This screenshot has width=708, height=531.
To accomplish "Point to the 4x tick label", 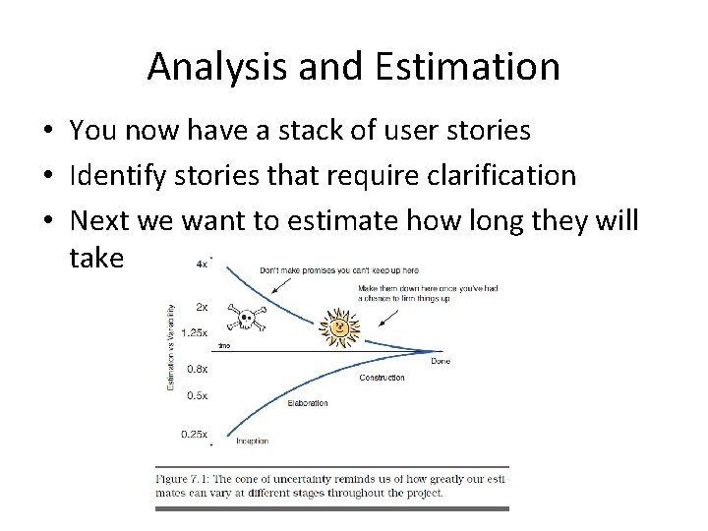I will pyautogui.click(x=203, y=264).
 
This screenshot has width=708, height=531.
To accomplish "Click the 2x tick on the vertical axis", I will pyautogui.click(x=202, y=306).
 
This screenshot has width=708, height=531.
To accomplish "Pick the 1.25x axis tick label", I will pyautogui.click(x=195, y=332).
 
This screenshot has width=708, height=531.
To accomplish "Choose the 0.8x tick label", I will pyautogui.click(x=199, y=369).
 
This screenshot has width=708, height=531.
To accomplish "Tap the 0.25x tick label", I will pyautogui.click(x=196, y=433).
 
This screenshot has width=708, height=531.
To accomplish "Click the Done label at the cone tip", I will pyautogui.click(x=441, y=361).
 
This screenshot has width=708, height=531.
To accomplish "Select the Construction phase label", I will pyautogui.click(x=382, y=378).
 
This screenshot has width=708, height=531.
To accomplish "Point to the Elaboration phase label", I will pyautogui.click(x=308, y=403).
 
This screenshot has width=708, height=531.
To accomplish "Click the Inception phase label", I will pyautogui.click(x=251, y=441).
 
